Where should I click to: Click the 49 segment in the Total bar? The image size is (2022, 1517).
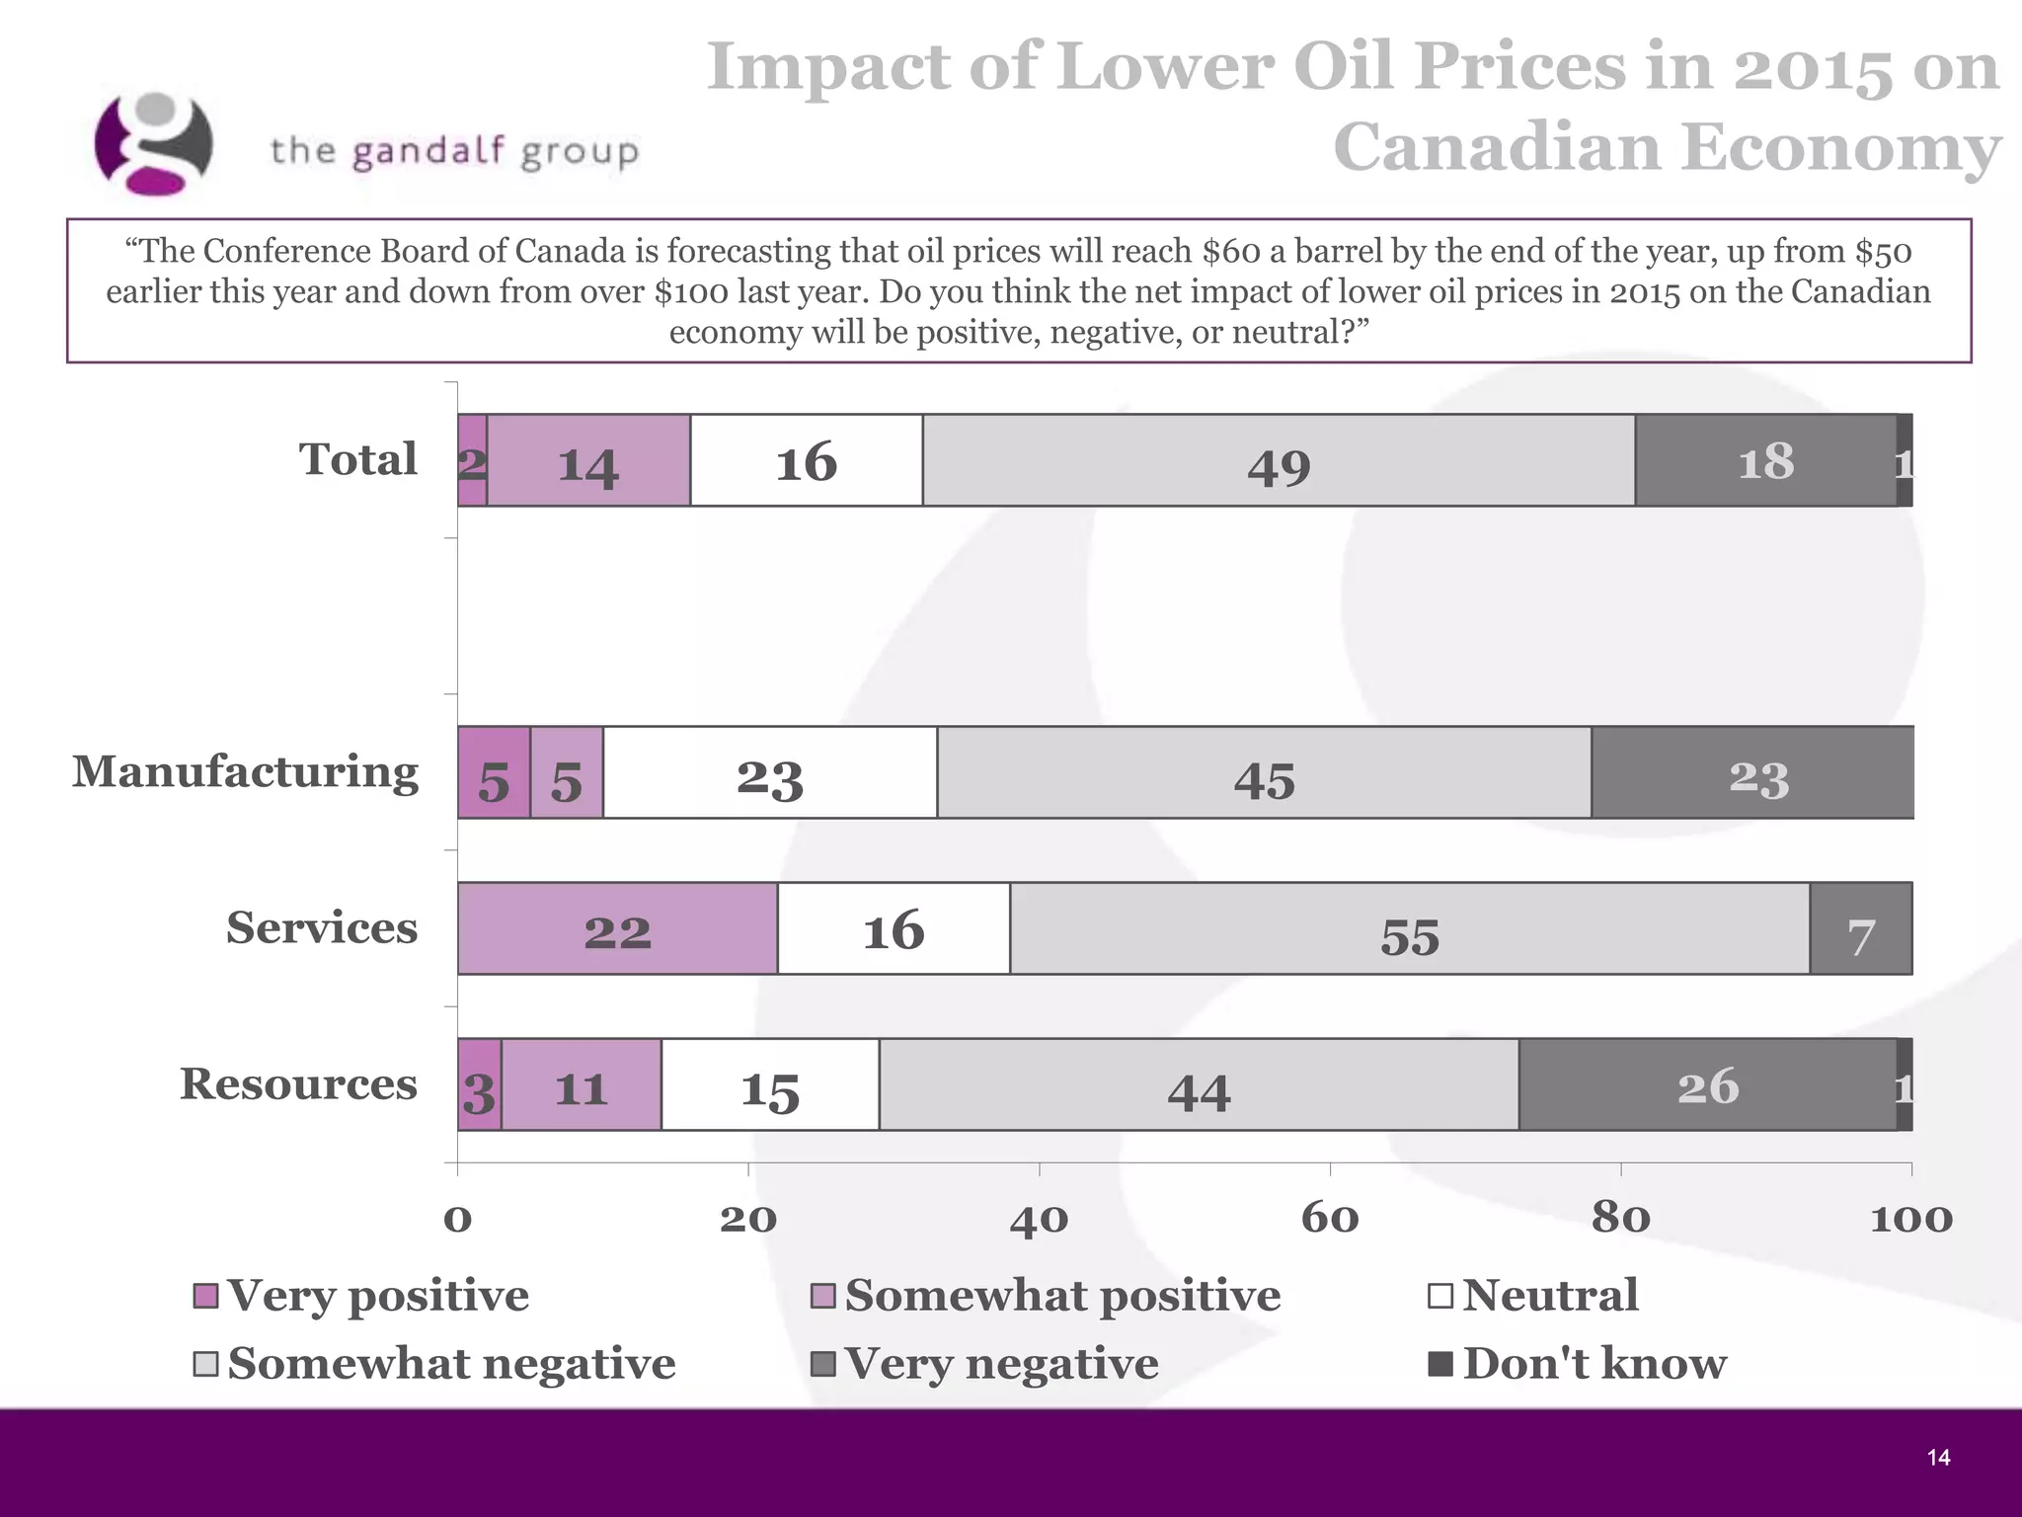(1279, 461)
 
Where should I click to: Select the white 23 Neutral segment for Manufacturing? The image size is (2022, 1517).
(770, 773)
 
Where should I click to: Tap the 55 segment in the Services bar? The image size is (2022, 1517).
(1409, 929)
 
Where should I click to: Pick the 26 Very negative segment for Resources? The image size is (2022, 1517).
(1707, 1084)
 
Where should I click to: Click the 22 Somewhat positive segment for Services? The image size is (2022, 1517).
(617, 929)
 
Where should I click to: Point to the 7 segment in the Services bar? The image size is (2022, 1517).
(1860, 929)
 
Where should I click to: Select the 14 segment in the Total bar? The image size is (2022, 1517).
(588, 461)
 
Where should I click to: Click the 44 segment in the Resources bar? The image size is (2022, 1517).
(1199, 1085)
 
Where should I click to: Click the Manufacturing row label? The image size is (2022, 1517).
(245, 772)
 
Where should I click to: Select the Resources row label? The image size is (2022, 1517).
(298, 1084)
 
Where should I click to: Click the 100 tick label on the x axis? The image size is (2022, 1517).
(1910, 1218)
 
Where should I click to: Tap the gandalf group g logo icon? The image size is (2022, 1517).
(153, 143)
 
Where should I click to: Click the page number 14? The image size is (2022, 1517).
(1938, 1458)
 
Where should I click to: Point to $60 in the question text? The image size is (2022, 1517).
(1231, 252)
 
